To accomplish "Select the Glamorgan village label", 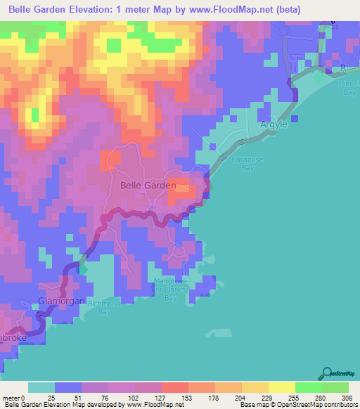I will pos(61,300).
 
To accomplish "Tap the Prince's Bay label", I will pos(347,88).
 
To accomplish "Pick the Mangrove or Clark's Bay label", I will pos(168,290).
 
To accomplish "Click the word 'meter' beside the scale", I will pos(11,397).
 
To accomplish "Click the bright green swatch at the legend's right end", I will pos(335,387).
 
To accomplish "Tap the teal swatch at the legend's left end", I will pos(41,387).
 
